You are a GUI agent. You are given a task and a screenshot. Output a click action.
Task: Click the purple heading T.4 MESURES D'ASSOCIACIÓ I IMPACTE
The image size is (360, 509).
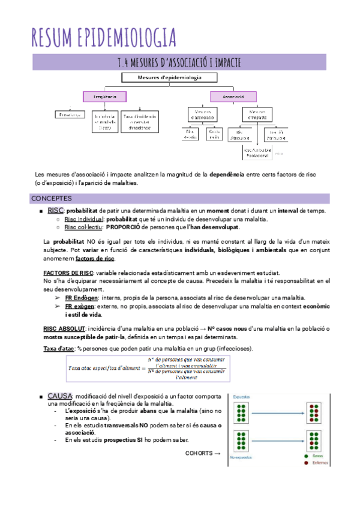[180, 62]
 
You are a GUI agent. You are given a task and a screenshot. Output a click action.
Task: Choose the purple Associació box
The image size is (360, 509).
[232, 96]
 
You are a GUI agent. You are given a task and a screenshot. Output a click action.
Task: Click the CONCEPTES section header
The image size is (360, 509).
[51, 198]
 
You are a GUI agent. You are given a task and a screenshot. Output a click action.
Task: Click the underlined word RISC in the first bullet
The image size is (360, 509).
[55, 210]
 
